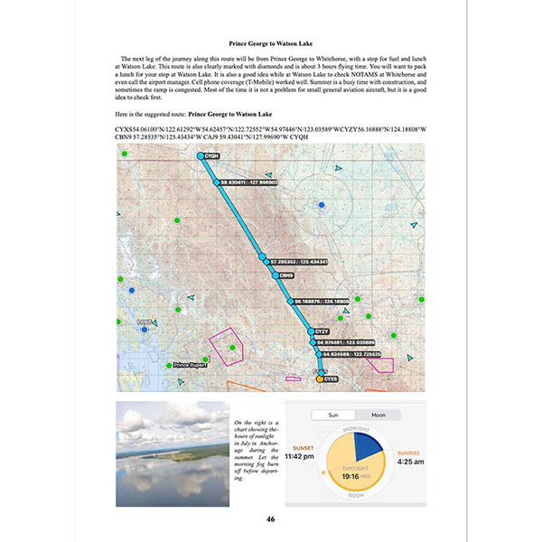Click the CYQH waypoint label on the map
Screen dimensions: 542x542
211,156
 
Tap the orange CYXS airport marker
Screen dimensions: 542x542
320,379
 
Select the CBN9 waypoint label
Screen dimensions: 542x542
286,275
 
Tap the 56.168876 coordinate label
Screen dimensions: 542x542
322,301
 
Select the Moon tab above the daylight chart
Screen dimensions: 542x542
378,415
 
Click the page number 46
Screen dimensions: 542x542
271,519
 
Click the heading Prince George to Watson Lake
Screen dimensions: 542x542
270,43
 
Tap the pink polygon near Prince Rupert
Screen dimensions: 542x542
227,347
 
